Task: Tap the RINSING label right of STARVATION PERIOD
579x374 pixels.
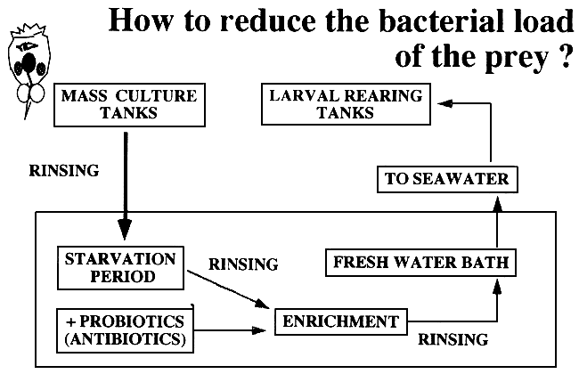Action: (x=242, y=264)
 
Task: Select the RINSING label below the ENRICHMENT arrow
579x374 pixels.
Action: (x=453, y=339)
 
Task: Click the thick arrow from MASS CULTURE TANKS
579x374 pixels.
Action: (x=126, y=178)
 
